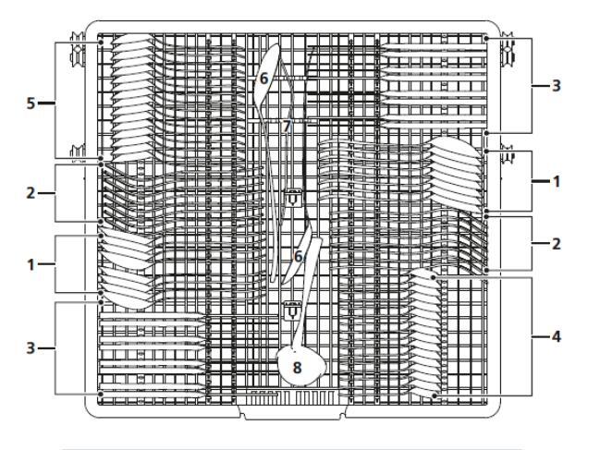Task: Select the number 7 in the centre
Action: coord(288,124)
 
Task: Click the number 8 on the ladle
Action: coord(297,367)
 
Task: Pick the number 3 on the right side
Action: coord(557,85)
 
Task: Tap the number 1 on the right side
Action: coord(557,182)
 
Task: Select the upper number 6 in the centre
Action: coord(264,79)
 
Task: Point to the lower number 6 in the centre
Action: coord(299,255)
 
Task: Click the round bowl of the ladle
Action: coord(301,363)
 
